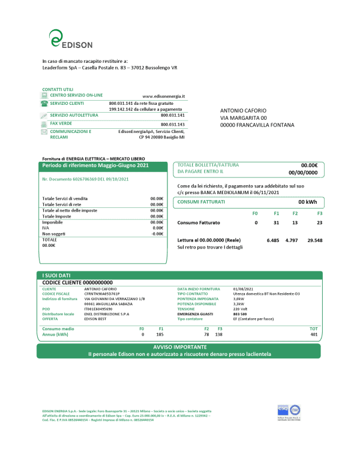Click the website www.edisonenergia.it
pyautogui.click(x=164, y=96)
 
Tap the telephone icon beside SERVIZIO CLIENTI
pyautogui.click(x=44, y=104)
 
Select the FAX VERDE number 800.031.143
pyautogui.click(x=173, y=124)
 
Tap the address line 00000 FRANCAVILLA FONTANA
pyautogui.click(x=257, y=125)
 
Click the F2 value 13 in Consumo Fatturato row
pyautogui.click(x=295, y=223)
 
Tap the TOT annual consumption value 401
pyautogui.click(x=313, y=334)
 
